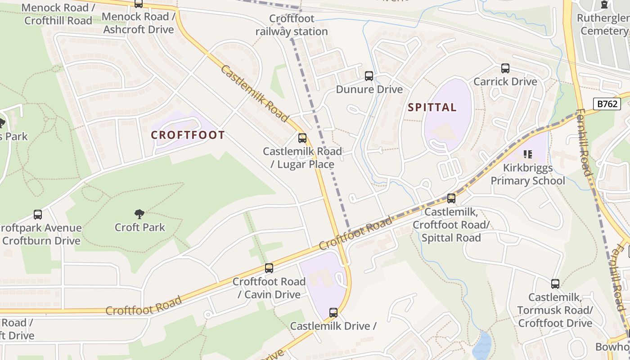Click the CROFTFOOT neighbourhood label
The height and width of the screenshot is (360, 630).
188,135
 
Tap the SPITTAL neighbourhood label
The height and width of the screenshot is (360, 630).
432,108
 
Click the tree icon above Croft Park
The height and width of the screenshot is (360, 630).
139,214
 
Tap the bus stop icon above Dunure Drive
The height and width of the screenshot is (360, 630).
369,76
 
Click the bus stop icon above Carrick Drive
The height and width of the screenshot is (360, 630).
505,68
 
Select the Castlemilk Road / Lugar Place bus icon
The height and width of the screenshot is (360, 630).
302,138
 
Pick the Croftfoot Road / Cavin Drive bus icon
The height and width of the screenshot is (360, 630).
269,268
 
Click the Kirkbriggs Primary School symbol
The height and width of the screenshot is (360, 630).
528,155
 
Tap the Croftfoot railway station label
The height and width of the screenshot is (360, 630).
292,25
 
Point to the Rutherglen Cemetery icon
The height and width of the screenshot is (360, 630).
604,5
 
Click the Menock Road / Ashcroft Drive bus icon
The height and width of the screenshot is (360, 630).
139,4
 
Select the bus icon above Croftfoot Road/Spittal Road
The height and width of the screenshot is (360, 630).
451,198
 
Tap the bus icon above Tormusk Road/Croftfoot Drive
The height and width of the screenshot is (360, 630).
555,284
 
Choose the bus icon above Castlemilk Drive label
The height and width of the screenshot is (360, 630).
333,312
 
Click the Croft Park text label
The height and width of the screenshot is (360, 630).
140,227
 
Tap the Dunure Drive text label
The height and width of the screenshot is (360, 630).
369,89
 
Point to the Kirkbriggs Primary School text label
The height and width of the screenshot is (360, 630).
528,174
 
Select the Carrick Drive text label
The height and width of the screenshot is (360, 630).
505,81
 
